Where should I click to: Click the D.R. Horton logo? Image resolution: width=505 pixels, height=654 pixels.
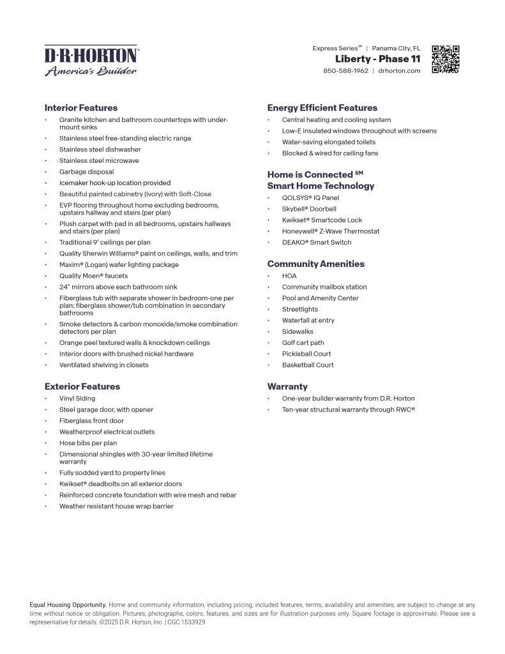click(90, 61)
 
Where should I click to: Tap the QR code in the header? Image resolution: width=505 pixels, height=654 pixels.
click(446, 59)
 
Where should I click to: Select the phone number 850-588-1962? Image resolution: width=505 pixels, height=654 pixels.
click(345, 71)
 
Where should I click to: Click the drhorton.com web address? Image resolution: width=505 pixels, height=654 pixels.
click(399, 71)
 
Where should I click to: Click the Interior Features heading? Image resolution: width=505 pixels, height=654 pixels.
click(81, 108)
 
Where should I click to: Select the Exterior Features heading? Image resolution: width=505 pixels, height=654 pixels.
click(82, 386)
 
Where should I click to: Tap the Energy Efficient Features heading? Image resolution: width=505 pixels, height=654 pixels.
click(322, 108)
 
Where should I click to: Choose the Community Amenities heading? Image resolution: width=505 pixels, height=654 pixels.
click(316, 264)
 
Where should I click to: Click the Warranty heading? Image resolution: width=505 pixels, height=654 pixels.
click(287, 386)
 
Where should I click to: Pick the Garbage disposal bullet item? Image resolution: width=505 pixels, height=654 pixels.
click(87, 172)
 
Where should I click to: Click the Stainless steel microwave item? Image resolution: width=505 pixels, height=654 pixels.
click(99, 161)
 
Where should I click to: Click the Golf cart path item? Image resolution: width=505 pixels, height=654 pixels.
click(303, 343)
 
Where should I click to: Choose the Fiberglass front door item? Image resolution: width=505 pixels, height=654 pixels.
click(92, 421)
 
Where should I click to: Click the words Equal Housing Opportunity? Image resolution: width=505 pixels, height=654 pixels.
click(68, 604)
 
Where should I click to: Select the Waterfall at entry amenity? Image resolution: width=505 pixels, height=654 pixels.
click(308, 321)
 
